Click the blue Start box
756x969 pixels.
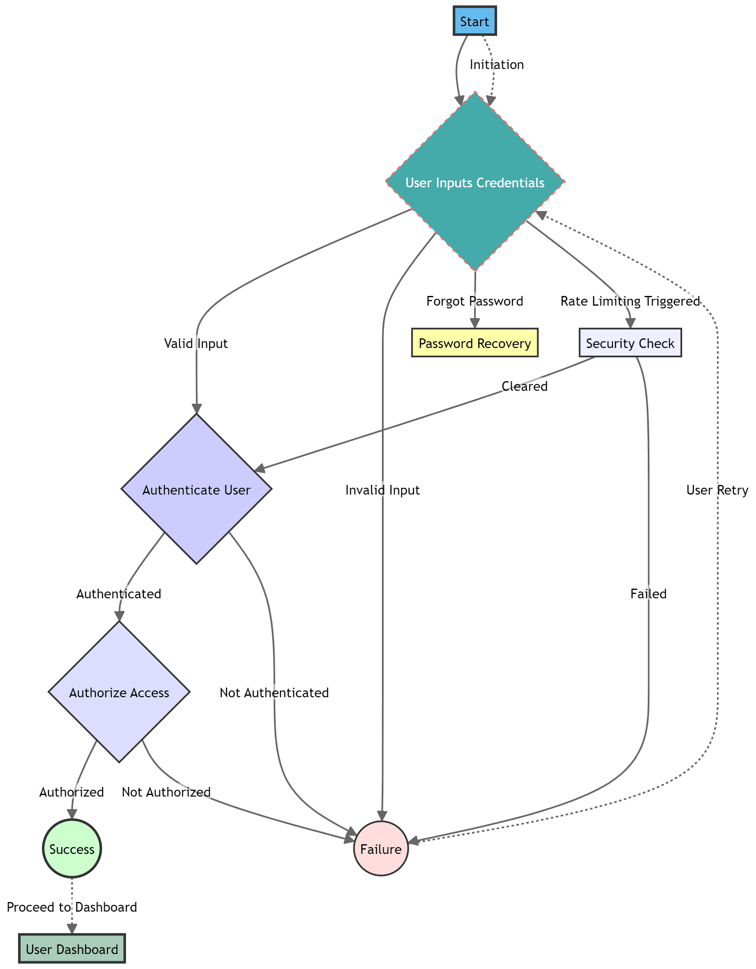pyautogui.click(x=474, y=21)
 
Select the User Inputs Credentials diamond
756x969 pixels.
pyautogui.click(x=475, y=182)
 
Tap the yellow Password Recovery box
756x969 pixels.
pyautogui.click(x=475, y=343)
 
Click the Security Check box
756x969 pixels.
pyautogui.click(x=630, y=343)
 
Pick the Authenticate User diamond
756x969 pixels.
pyautogui.click(x=196, y=489)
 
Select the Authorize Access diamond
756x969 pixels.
pyautogui.click(x=119, y=692)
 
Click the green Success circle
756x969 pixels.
pyautogui.click(x=72, y=849)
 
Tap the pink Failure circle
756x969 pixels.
pyautogui.click(x=381, y=849)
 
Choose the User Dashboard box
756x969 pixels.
pyautogui.click(x=72, y=949)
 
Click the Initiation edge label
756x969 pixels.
pyautogui.click(x=497, y=64)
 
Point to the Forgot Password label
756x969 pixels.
pyautogui.click(x=475, y=301)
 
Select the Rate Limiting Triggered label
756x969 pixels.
pyautogui.click(x=630, y=301)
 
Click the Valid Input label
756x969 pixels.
pyautogui.click(x=196, y=343)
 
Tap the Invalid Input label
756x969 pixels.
pyautogui.click(x=382, y=489)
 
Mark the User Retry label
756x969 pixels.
pyautogui.click(x=717, y=489)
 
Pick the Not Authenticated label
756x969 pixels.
pyautogui.click(x=274, y=692)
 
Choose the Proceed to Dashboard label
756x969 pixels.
pyautogui.click(x=72, y=906)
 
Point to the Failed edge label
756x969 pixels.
pyautogui.click(x=648, y=593)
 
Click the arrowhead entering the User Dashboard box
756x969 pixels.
pyautogui.click(x=72, y=928)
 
